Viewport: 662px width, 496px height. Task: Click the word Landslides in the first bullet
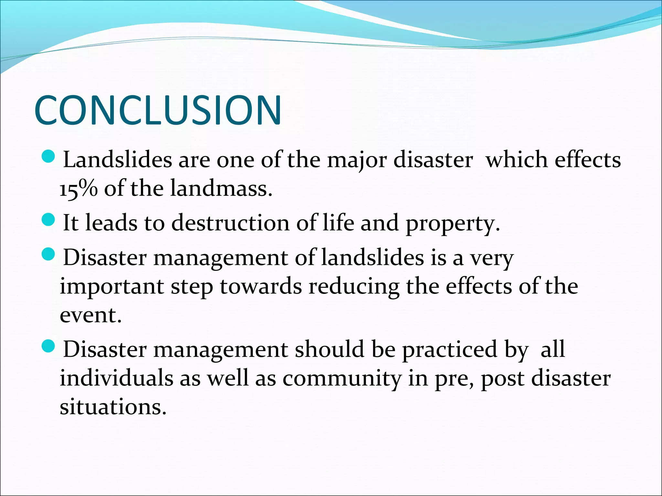(x=117, y=160)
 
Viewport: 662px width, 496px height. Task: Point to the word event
(x=91, y=315)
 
